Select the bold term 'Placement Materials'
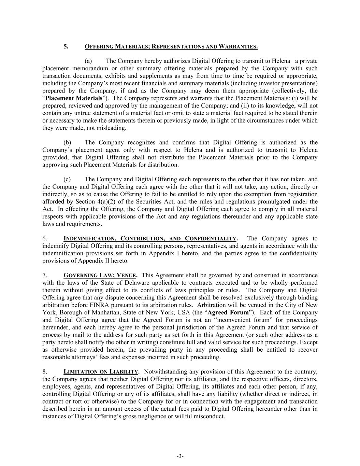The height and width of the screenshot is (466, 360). (x=74, y=98)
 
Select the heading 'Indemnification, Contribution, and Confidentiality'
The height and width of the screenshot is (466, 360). (x=150, y=239)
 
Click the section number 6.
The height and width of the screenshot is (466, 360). (x=44, y=239)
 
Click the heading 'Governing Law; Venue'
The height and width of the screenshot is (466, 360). (x=100, y=276)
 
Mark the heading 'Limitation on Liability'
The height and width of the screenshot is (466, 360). (x=101, y=372)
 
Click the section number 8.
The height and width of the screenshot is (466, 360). (x=44, y=372)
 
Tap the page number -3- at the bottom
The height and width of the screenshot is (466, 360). (x=180, y=456)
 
